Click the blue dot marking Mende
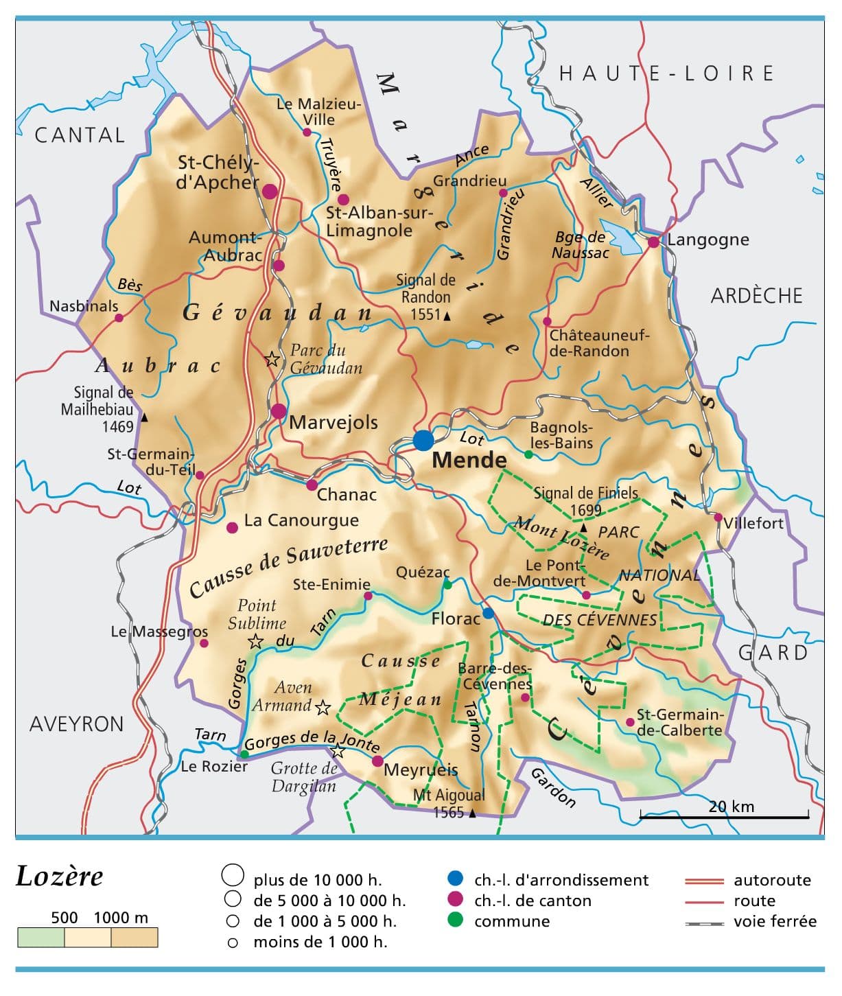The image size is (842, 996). click(x=423, y=440)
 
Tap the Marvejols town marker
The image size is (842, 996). click(x=279, y=411)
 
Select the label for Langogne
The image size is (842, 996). click(x=708, y=240)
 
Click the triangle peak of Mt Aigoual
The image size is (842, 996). click(x=472, y=813)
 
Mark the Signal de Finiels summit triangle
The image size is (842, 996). click(x=583, y=528)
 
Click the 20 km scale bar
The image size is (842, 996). click(x=724, y=817)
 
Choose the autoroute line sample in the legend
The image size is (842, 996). click(x=704, y=881)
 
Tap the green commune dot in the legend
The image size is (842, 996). click(x=455, y=920)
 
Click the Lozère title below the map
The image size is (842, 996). click(x=60, y=877)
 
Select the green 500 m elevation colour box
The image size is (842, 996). click(x=40, y=938)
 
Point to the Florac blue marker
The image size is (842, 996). click(x=488, y=613)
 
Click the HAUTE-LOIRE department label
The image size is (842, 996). click(x=666, y=73)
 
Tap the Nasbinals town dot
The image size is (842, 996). click(x=119, y=318)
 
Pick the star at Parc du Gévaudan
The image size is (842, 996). click(x=272, y=359)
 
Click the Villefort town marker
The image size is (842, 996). click(x=718, y=518)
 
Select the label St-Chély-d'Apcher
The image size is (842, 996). click(x=218, y=172)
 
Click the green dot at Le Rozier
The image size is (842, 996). click(x=244, y=754)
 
